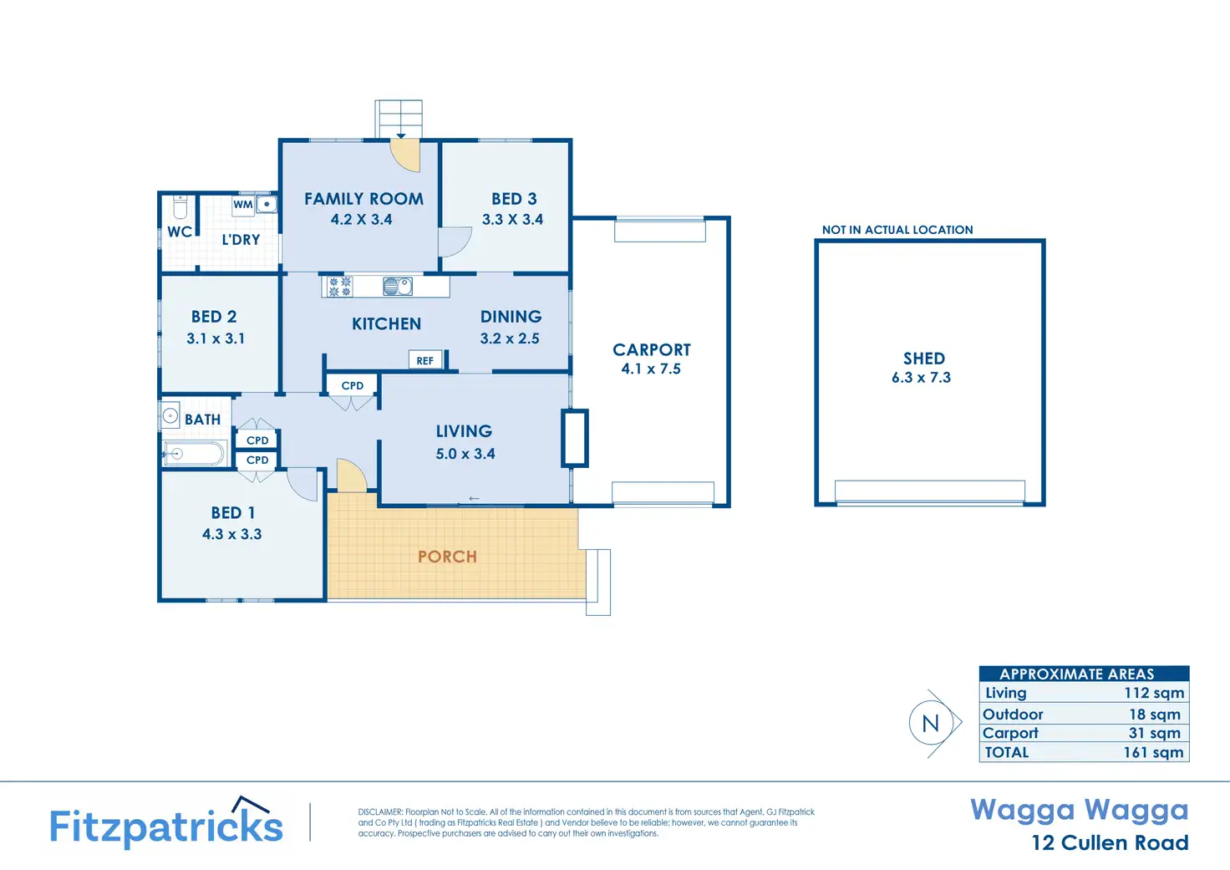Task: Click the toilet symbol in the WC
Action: point(180,207)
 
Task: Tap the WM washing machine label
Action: point(242,205)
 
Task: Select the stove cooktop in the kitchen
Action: point(339,287)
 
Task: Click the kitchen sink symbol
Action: point(398,286)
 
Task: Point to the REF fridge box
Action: point(425,360)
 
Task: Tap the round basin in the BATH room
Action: point(170,415)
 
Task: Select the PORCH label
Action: point(447,557)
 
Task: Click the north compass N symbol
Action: point(931,724)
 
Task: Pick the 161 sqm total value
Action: point(1153,752)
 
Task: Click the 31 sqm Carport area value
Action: point(1154,733)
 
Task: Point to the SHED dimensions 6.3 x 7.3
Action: point(922,377)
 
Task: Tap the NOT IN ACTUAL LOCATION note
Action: point(897,230)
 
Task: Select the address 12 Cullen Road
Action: point(1111,842)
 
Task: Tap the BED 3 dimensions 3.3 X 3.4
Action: point(512,219)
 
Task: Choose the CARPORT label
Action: point(651,349)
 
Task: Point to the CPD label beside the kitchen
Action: point(352,385)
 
